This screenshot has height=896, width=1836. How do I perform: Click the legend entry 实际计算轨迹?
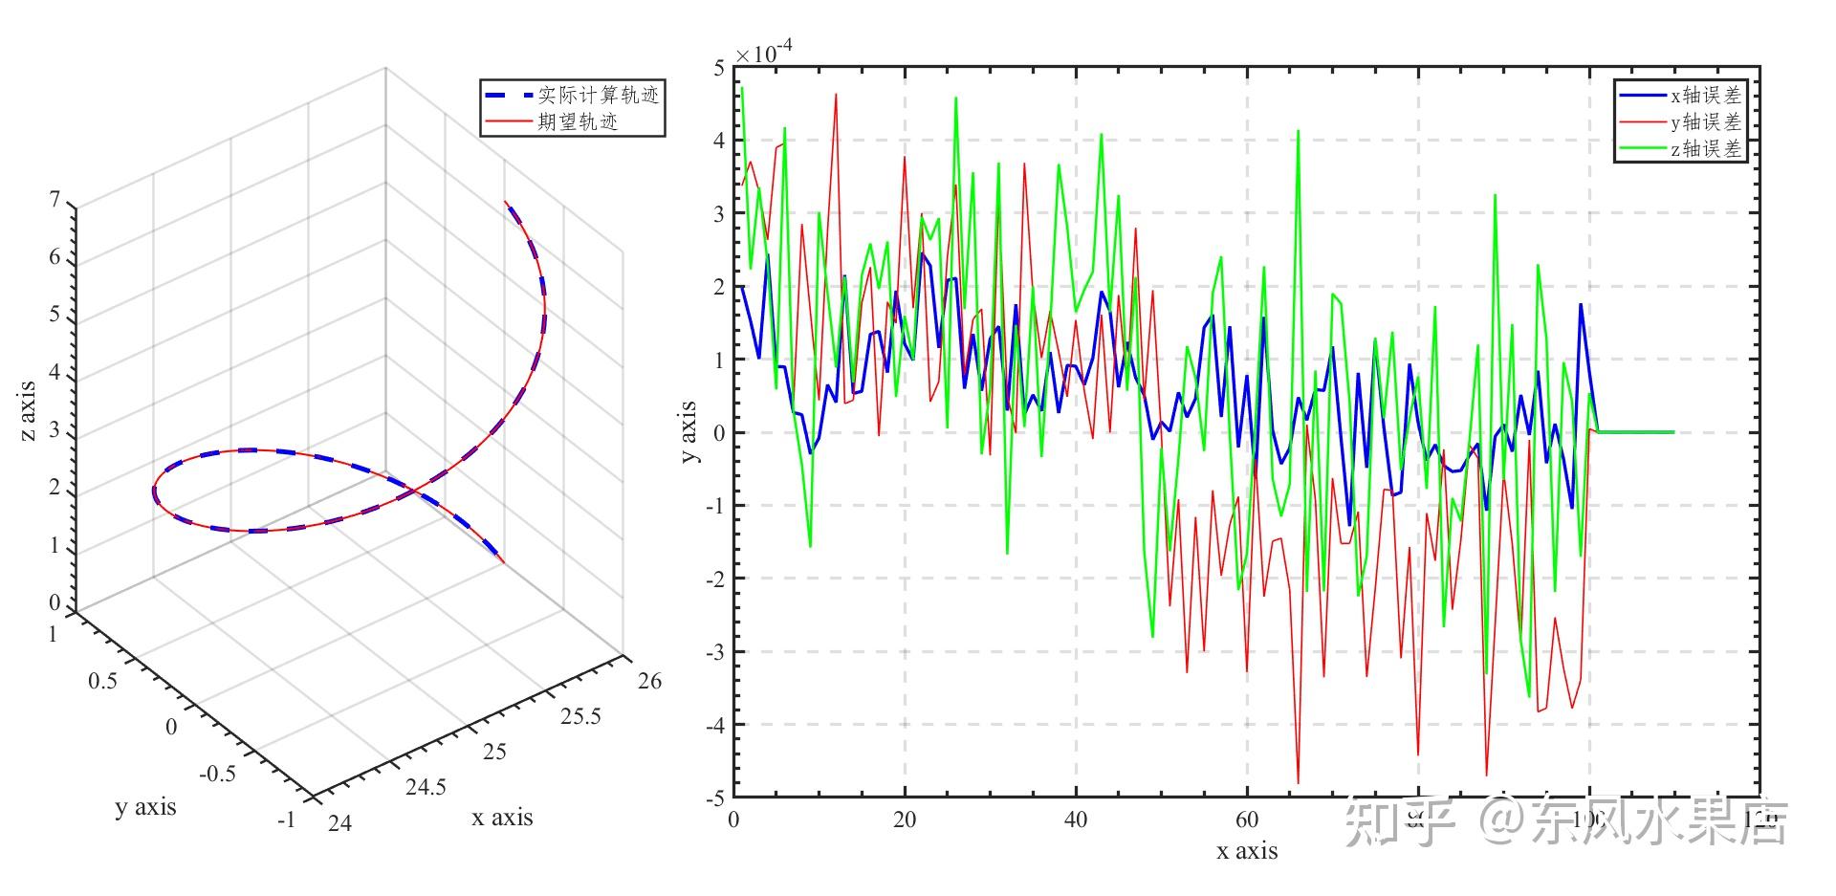pos(598,95)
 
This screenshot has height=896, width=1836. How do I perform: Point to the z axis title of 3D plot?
pos(28,411)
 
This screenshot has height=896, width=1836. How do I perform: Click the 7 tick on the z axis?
pos(55,199)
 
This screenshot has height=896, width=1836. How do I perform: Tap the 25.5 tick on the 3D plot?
pos(580,717)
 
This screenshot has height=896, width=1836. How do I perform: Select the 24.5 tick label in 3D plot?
pos(426,787)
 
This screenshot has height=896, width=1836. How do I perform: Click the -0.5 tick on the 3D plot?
pos(217,774)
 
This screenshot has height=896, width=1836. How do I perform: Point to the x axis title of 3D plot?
pos(502,818)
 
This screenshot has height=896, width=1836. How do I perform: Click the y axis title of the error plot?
pos(688,432)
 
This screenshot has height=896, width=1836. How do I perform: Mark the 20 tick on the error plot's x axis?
pos(904,820)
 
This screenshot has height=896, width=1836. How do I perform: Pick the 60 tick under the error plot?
pos(1247,820)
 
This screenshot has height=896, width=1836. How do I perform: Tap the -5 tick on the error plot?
pos(715,798)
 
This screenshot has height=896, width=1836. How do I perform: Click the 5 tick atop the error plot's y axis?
pos(719,68)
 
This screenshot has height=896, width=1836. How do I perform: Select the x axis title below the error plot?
pos(1247,850)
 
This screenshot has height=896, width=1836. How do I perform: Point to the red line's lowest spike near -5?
pos(1298,783)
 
